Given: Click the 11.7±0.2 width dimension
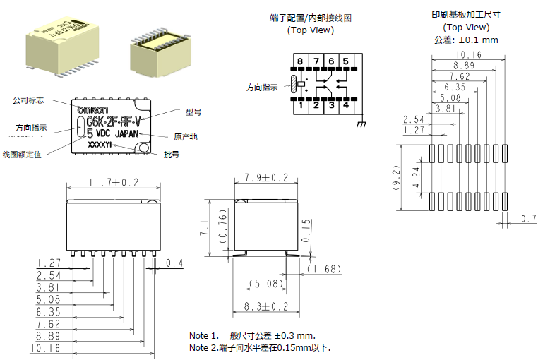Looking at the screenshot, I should pos(113,183).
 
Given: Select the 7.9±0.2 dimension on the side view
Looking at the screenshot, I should pos(266,177).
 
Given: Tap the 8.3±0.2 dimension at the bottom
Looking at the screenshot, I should pos(266,306).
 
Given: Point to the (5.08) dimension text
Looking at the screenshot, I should pos(266,284).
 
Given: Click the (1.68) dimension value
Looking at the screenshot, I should pos(325,269).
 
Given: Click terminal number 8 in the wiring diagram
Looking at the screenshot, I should pos(301,61).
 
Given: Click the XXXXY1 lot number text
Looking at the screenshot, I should pos(102,145).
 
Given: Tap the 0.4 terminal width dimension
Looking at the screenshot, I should pos(174,263).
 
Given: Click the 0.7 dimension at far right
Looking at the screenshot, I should pos(529,219).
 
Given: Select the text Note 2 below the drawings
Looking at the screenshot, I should pos(205,348).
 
